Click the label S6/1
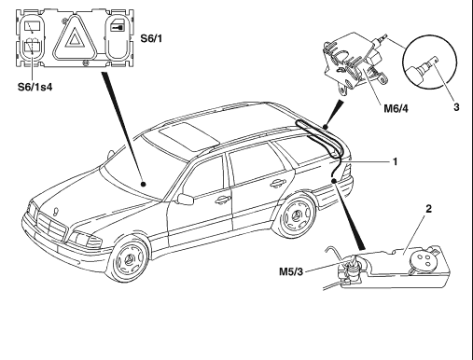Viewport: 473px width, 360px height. point(151,38)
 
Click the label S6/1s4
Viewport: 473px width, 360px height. point(35,87)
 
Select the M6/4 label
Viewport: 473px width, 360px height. point(396,108)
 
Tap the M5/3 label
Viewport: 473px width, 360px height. point(291,271)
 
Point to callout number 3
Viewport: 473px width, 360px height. point(456,107)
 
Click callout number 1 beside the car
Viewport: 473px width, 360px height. point(396,161)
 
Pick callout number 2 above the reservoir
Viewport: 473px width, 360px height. point(429,209)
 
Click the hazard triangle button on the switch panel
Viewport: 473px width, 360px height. point(74,37)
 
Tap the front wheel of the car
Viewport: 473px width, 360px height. point(129,258)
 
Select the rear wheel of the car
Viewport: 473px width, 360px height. point(296,215)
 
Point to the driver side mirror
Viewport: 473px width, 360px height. point(185,199)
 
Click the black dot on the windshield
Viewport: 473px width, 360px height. point(143,184)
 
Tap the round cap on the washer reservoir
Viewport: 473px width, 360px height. point(422,259)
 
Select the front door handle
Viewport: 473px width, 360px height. point(223,200)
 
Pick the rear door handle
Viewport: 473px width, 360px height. point(276,184)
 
